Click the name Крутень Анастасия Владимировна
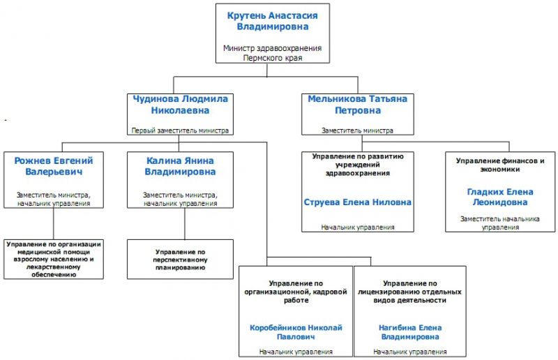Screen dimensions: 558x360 pyautogui.click(x=272, y=21)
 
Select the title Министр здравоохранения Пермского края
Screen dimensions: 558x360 pyautogui.click(x=272, y=53)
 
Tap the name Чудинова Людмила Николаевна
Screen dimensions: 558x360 pyautogui.click(x=180, y=105)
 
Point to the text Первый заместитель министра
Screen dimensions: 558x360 pyautogui.click(x=180, y=130)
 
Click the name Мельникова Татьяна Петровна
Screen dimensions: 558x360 pyautogui.click(x=358, y=105)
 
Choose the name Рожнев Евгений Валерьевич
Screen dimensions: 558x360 pyautogui.click(x=54, y=166)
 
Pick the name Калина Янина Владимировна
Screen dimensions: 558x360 pyautogui.click(x=180, y=166)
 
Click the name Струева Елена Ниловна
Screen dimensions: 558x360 pyautogui.click(x=358, y=202)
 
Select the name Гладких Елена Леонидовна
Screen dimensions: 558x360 pyautogui.click(x=500, y=197)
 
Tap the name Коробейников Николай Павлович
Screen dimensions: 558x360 pyautogui.click(x=296, y=332)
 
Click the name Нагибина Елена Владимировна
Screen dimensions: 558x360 pyautogui.click(x=410, y=332)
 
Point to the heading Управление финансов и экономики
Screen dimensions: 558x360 pyautogui.click(x=500, y=165)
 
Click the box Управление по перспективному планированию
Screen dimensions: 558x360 pyautogui.click(x=180, y=260)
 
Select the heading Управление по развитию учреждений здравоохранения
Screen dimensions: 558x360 pyautogui.click(x=358, y=165)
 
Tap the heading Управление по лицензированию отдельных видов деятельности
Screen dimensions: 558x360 pyautogui.click(x=410, y=292)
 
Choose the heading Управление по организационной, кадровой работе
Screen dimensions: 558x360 pyautogui.click(x=296, y=292)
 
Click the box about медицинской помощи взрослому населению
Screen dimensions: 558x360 pyautogui.click(x=54, y=260)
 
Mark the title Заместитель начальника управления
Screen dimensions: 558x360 pyautogui.click(x=500, y=223)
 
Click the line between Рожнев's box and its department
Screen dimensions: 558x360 pyautogui.click(x=54, y=224)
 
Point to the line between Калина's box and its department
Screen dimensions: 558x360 pyautogui.click(x=185, y=224)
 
